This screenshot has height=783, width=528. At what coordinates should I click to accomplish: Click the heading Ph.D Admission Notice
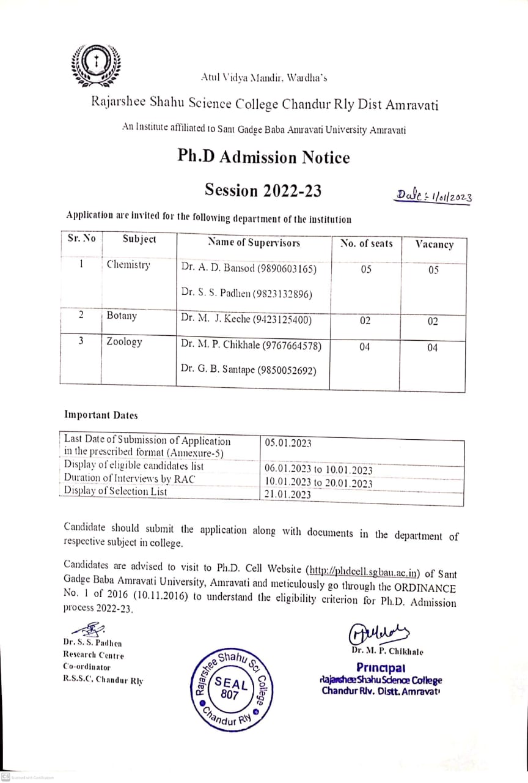pos(263,157)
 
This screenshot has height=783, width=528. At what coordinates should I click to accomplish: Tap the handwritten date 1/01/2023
pos(434,196)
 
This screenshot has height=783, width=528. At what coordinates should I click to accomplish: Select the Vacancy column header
pos(434,245)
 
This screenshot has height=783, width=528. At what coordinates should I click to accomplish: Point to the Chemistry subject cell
pos(128,265)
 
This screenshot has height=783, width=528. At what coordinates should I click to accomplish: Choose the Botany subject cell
pos(122,316)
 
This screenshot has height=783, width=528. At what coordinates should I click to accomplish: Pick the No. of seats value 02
pos(365,321)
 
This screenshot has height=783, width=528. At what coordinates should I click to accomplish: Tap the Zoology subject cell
pos(124,342)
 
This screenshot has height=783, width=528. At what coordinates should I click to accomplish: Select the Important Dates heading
pos(101,415)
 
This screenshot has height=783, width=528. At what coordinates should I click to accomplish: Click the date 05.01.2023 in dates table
pos(288,443)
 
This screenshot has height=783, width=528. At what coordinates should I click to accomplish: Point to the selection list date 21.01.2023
pos(288,495)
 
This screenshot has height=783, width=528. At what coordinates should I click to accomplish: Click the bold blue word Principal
pos(381,667)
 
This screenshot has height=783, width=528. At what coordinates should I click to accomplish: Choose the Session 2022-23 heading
pos(263,190)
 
